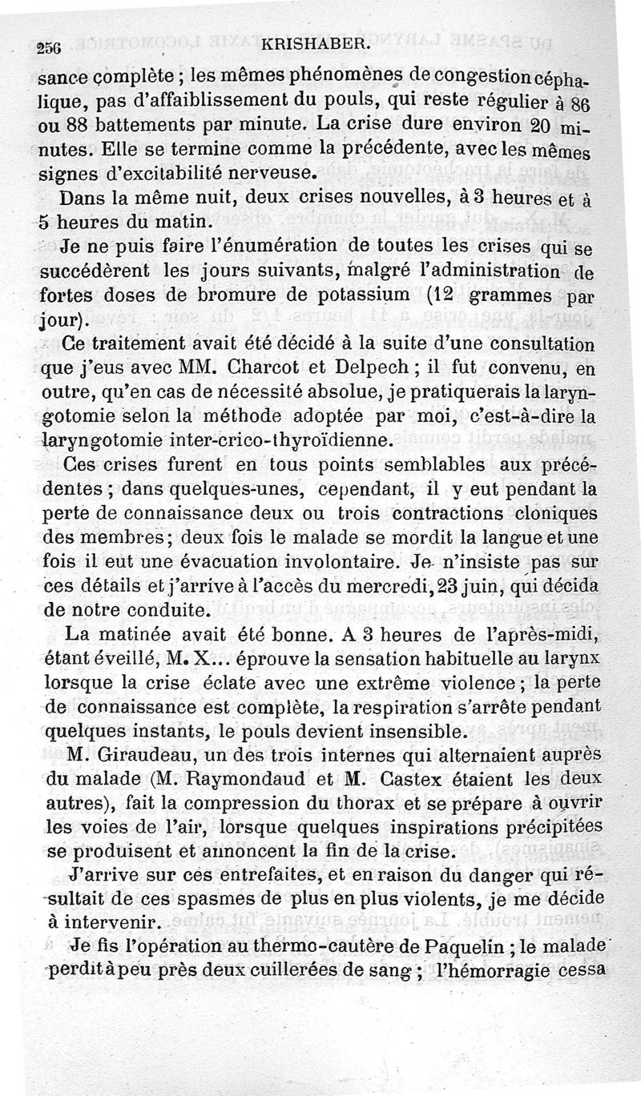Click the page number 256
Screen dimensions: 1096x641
click(52, 46)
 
